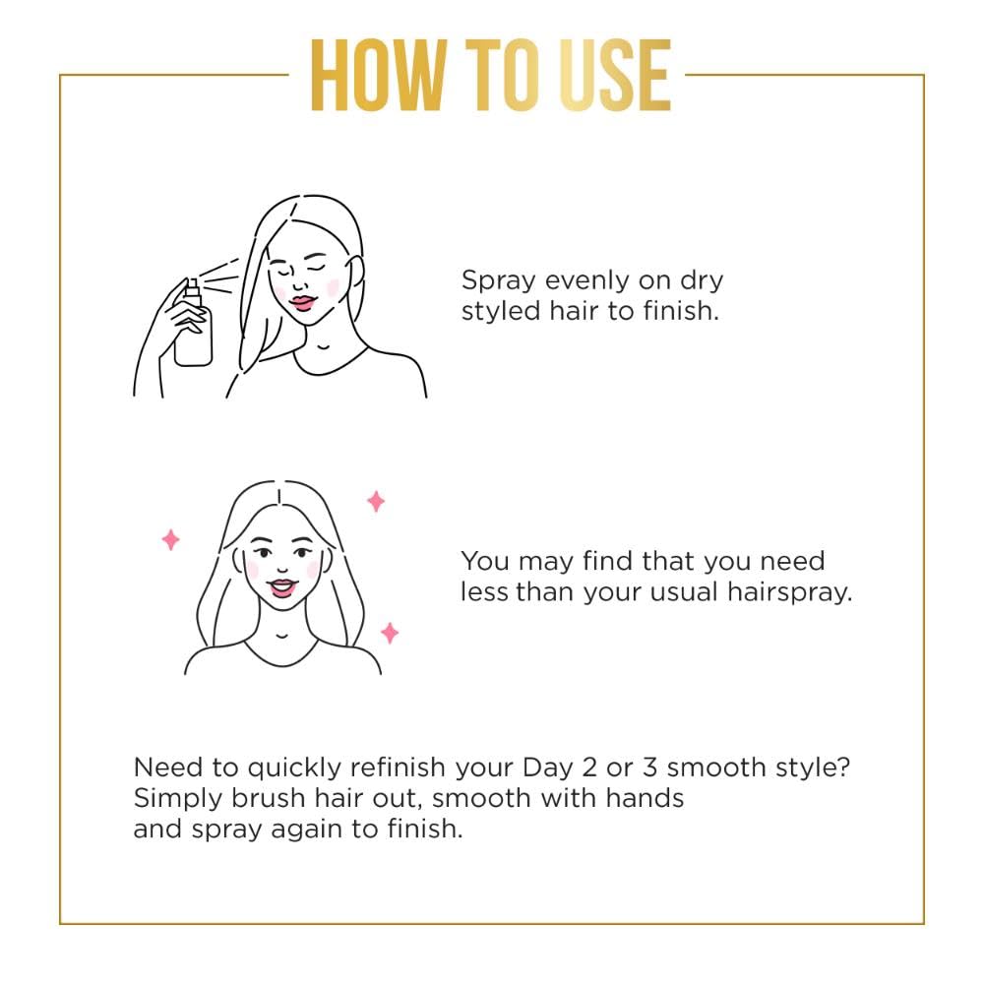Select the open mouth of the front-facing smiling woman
(283, 587)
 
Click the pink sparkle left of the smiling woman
(170, 539)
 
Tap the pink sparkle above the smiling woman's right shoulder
(390, 633)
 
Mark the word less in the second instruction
(485, 593)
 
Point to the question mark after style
(843, 768)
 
